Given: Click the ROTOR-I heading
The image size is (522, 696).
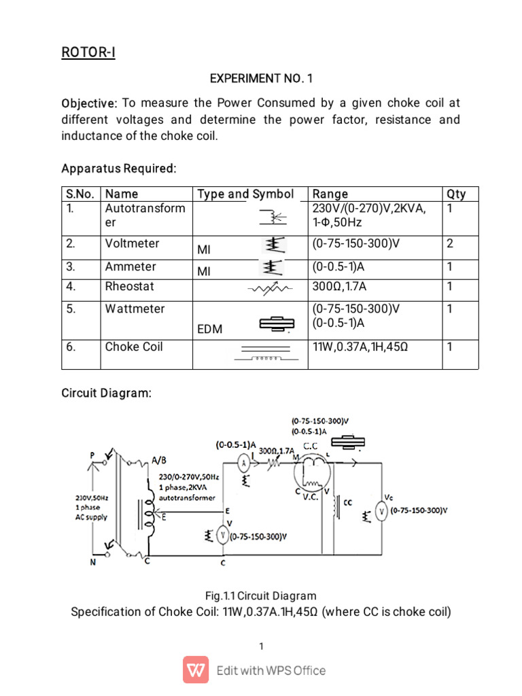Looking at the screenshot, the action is (88, 52).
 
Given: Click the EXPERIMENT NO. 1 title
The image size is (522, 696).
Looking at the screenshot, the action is (261, 78).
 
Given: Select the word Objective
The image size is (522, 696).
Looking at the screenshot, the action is (89, 104).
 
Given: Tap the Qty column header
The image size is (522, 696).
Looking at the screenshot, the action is (456, 194).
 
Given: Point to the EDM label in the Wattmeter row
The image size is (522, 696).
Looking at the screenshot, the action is (209, 329).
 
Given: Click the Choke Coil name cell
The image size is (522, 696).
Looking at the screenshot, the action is (134, 347).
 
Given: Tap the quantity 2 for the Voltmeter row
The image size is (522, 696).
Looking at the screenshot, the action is (450, 243).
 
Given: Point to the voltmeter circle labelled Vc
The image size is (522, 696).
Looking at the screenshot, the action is (382, 510).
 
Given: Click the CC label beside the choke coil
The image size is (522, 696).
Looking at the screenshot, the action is (348, 504).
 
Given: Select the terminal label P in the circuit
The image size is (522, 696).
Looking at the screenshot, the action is (91, 455).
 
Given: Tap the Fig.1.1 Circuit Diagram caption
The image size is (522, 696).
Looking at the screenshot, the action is (261, 596).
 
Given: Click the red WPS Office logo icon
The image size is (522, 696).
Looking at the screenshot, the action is (196, 669).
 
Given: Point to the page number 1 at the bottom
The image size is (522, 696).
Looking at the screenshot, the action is (261, 646).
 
